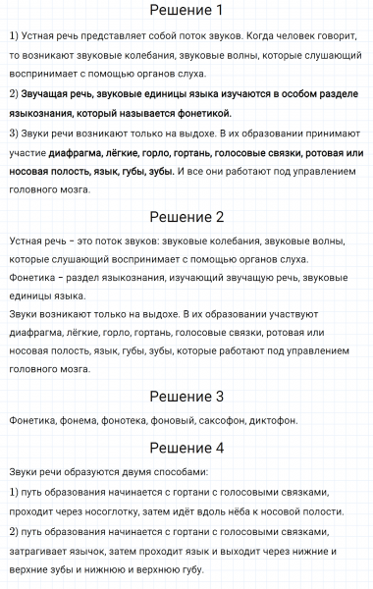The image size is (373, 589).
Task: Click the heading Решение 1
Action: (x=186, y=12)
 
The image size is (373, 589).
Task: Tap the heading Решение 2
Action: (x=186, y=217)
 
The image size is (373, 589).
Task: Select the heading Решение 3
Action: (x=186, y=397)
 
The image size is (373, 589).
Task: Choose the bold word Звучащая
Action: (x=48, y=94)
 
